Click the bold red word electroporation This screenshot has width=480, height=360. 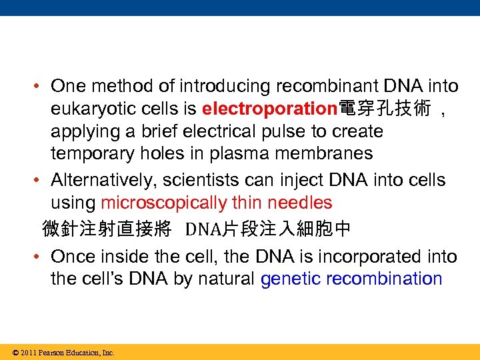click(x=270, y=108)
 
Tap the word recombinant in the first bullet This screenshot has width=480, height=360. click(x=322, y=86)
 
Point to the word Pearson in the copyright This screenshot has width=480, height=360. click(x=52, y=353)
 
